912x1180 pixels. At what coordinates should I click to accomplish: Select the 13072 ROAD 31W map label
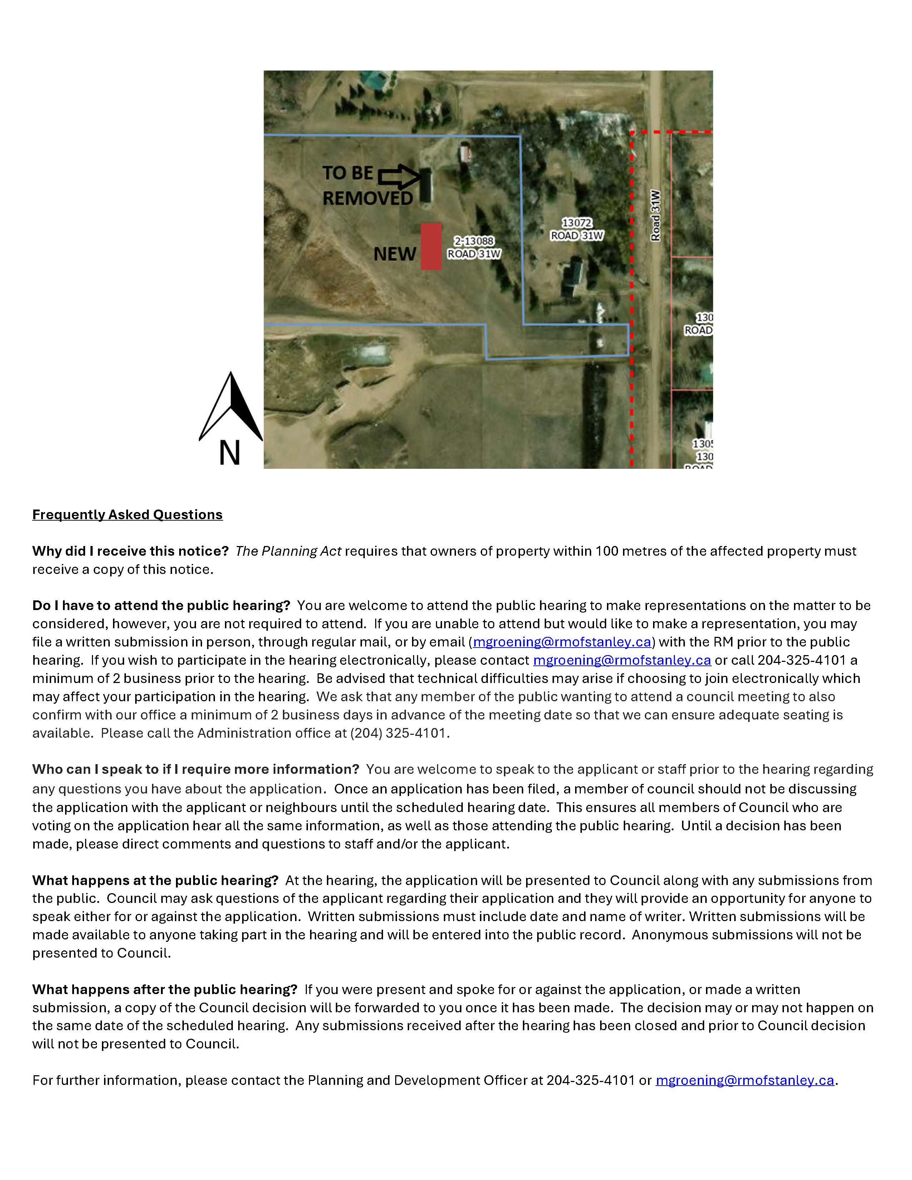577,229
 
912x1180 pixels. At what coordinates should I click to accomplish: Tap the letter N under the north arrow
230,453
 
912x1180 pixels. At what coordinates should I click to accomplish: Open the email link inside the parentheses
562,642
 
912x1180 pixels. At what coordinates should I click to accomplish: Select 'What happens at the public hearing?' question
155,880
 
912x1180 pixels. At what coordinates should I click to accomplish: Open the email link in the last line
745,1080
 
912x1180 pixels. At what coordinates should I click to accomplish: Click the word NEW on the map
395,254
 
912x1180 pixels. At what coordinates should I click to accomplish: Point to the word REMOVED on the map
368,198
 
